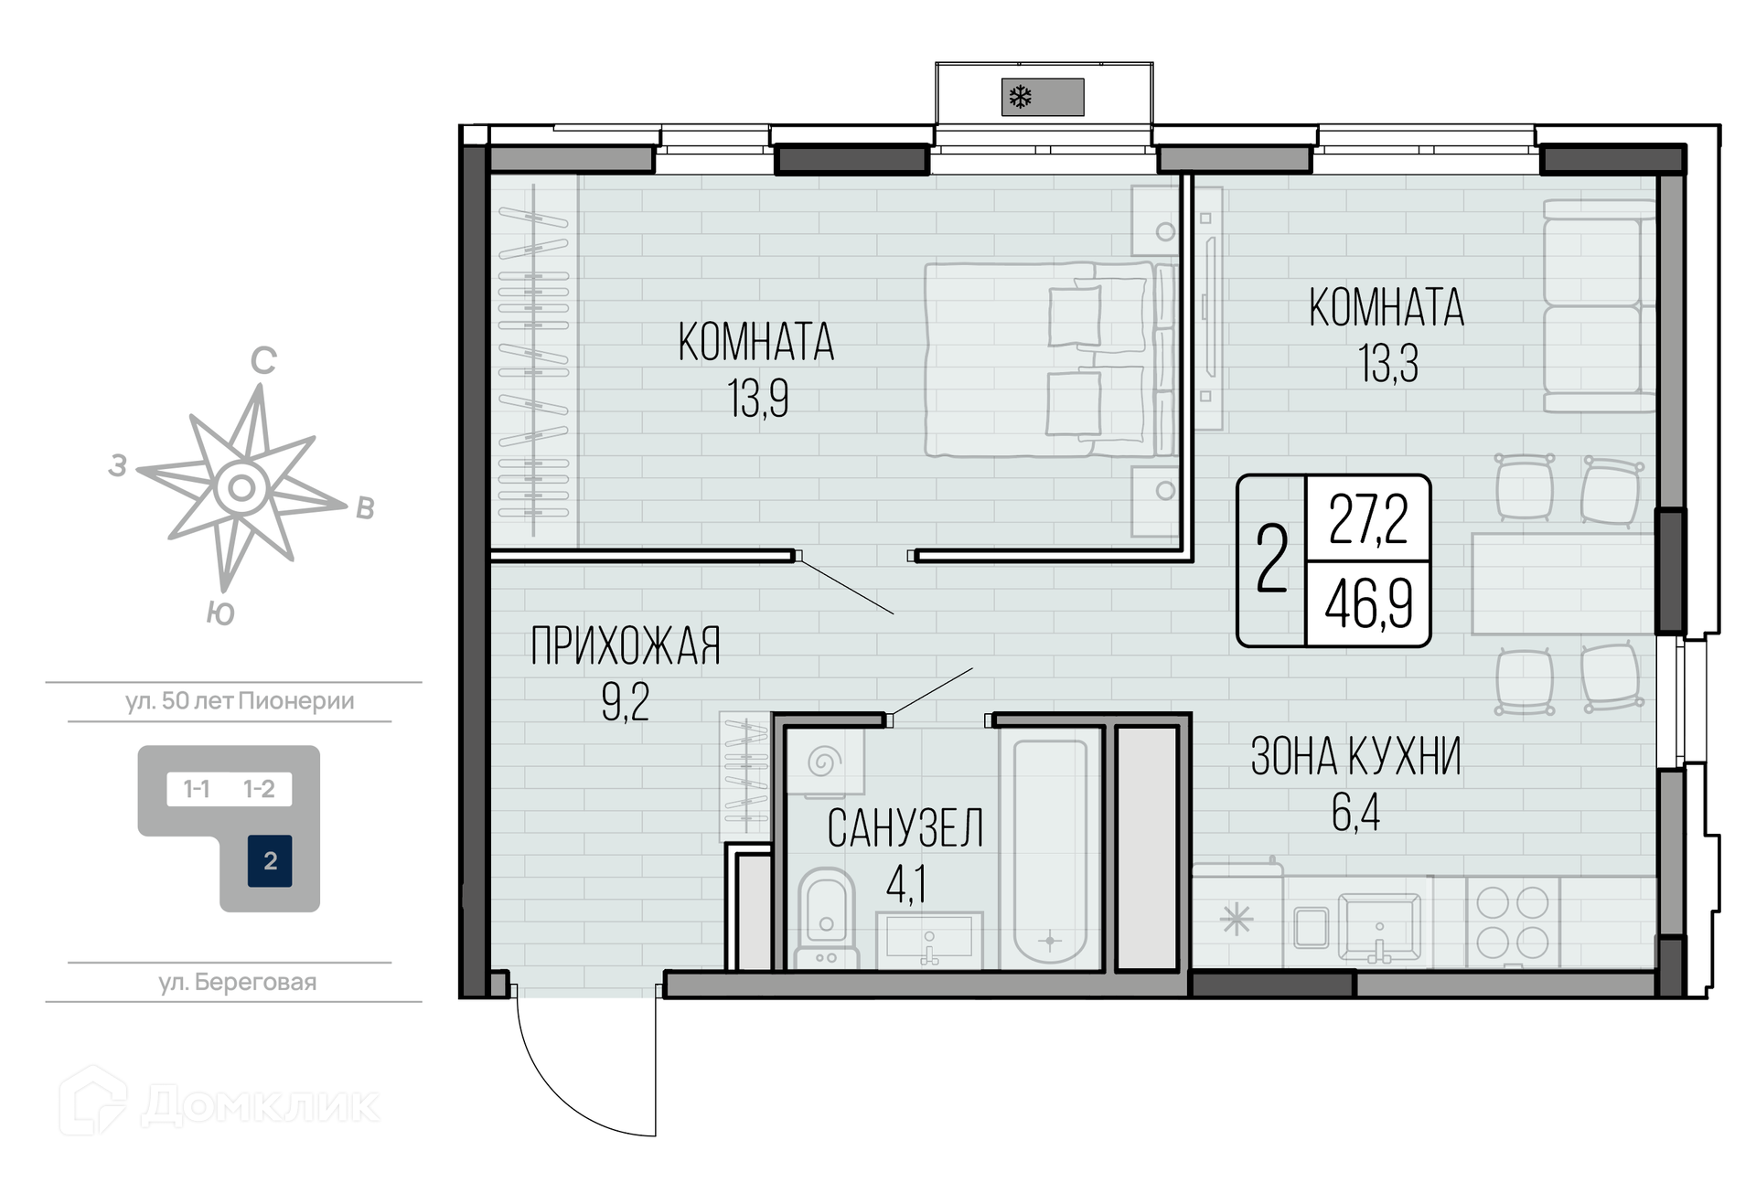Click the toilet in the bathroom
[827, 918]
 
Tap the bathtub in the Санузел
[1050, 848]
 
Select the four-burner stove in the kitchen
[1513, 922]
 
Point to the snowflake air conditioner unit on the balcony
[1043, 97]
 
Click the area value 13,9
[758, 399]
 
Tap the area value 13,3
[1388, 364]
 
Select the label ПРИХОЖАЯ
[626, 646]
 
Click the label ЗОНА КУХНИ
[1355, 757]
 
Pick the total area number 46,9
[1369, 603]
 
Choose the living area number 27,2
[1368, 518]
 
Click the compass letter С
[263, 361]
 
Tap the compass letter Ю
[220, 613]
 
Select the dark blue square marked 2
[270, 861]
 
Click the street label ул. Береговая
[238, 983]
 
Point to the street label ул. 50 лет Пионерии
[240, 701]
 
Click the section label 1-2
[259, 789]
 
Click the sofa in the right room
[1599, 305]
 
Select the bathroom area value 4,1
[906, 884]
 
